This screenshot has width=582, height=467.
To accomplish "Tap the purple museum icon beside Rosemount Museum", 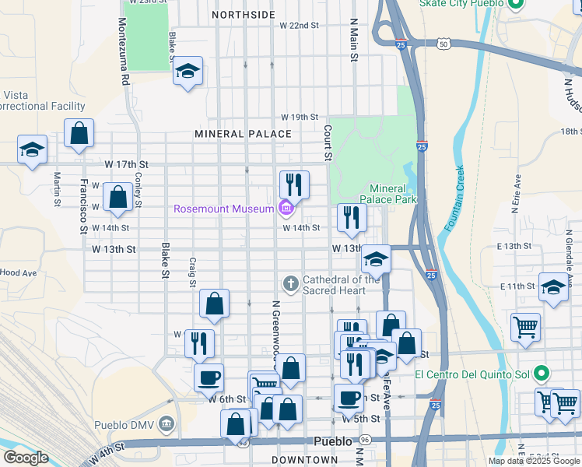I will click(285, 208).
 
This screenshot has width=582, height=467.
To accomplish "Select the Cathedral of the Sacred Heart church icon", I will click(291, 283).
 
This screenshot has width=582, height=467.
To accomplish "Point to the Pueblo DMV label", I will click(124, 425).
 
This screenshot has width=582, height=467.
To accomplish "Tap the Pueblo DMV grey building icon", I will click(166, 424).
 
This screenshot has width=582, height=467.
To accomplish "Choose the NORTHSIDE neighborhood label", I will click(243, 15).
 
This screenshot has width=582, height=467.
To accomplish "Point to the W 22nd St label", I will click(300, 26).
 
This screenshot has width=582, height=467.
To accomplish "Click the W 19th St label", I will click(300, 117).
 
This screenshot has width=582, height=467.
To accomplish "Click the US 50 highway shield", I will click(443, 44).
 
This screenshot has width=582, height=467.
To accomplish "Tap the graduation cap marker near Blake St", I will click(188, 71).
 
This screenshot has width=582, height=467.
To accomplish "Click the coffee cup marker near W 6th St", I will click(209, 379).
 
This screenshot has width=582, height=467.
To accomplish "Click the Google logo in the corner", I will click(25, 458).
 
